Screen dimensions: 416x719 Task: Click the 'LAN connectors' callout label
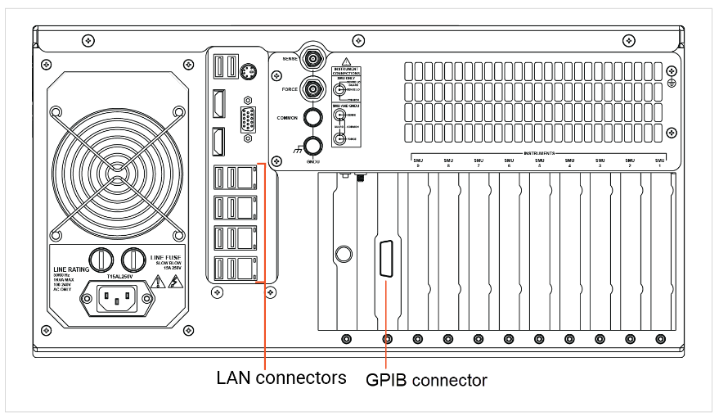[x=281, y=378]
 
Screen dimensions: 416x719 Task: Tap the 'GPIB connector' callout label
[x=426, y=380]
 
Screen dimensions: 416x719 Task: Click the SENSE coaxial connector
[x=312, y=59]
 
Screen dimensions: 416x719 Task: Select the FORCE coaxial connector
[x=312, y=88]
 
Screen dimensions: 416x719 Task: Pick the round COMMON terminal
[x=312, y=117]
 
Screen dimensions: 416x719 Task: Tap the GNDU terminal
[x=312, y=147]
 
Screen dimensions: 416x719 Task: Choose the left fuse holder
[x=100, y=260]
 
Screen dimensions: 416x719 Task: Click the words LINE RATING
[x=71, y=269]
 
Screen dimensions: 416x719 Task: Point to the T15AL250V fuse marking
[x=117, y=278]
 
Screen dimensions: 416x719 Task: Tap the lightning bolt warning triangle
[x=174, y=283]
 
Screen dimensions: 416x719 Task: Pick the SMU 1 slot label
[x=659, y=163]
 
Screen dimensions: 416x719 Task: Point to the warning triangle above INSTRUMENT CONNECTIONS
[x=347, y=61]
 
